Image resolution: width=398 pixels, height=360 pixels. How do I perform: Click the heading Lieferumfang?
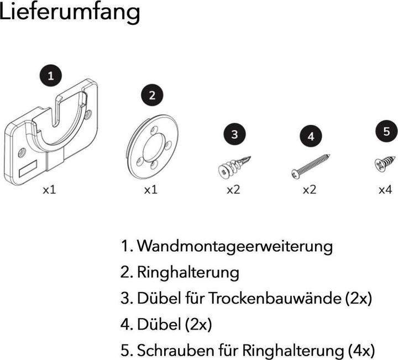(x=70, y=12)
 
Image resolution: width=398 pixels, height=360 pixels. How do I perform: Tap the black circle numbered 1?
(x=51, y=76)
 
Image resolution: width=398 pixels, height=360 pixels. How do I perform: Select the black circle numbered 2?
(x=152, y=96)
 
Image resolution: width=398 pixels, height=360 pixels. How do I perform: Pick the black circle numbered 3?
(x=234, y=134)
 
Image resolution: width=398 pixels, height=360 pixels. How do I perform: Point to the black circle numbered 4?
(x=311, y=136)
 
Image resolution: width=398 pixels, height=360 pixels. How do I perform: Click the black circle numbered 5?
(x=386, y=131)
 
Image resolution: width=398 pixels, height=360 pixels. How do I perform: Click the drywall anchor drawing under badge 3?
(x=234, y=167)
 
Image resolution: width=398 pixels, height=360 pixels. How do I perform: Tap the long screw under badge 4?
(x=311, y=166)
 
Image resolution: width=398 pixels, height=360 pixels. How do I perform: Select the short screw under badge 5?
(x=385, y=164)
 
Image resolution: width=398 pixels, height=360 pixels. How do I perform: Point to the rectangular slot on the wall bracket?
(x=28, y=168)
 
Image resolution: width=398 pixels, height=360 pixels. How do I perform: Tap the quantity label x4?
(x=385, y=189)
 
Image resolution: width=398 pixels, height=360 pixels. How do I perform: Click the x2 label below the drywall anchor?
(x=233, y=189)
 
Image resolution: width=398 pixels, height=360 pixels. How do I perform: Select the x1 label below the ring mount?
(x=151, y=189)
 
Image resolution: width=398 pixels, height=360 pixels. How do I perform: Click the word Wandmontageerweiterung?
(x=235, y=246)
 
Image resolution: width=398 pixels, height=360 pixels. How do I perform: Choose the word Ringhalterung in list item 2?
(x=188, y=273)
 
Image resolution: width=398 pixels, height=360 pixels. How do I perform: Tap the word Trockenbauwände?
(x=275, y=298)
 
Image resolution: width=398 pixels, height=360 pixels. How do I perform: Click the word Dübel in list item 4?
(x=159, y=324)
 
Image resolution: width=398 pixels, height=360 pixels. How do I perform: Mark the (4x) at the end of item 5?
(x=361, y=351)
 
